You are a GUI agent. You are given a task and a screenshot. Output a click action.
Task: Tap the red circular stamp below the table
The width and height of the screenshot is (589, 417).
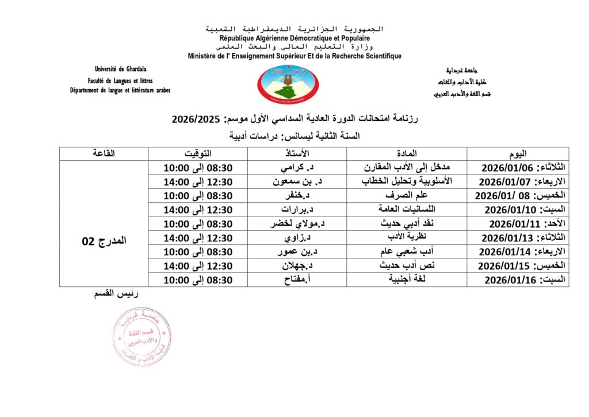141,336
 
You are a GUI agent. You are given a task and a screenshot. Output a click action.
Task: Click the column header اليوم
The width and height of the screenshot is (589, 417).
518,154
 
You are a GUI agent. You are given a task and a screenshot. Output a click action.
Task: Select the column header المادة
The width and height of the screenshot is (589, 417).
407,154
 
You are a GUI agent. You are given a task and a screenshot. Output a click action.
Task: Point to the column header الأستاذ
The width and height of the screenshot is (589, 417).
297,154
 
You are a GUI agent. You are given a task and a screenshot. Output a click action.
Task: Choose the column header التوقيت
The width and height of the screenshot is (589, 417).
198,154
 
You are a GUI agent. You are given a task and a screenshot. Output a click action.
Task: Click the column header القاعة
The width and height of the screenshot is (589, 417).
104,154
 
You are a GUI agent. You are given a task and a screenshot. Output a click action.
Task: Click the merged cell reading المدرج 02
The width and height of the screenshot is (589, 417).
104,241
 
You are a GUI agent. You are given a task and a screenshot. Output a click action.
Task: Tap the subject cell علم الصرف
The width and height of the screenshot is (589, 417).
407,195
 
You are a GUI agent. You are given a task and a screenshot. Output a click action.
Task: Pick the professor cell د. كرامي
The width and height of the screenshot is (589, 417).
297,168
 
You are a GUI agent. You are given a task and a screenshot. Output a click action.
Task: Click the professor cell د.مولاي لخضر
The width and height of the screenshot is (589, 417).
297,223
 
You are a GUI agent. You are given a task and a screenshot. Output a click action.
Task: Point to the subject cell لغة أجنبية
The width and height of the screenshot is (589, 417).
407,280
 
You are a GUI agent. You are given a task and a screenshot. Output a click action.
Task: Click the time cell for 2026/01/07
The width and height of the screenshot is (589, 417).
198,181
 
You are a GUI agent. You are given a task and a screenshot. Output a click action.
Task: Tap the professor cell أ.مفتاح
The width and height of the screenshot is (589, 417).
297,280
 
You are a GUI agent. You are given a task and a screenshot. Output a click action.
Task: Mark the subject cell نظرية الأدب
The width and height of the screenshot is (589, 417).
407,237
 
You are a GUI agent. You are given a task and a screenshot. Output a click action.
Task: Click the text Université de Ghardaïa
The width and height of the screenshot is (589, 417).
120,70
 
